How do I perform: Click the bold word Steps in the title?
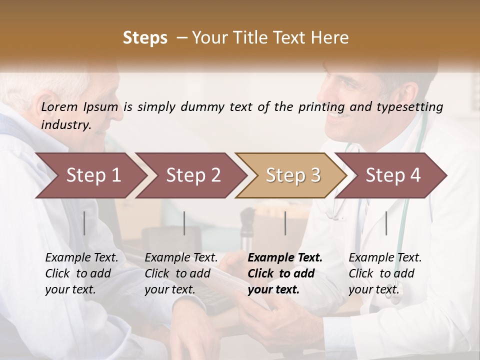pyautogui.click(x=145, y=37)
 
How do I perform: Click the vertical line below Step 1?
pyautogui.click(x=84, y=223)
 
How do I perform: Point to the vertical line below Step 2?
pyautogui.click(x=184, y=223)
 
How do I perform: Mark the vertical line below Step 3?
pyautogui.click(x=285, y=223)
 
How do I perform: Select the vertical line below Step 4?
pyautogui.click(x=386, y=223)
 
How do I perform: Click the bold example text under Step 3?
pyautogui.click(x=285, y=273)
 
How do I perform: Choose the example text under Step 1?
pyautogui.click(x=81, y=273)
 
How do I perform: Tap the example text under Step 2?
pyautogui.click(x=181, y=273)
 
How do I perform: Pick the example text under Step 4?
pyautogui.click(x=385, y=273)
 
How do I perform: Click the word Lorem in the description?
pyautogui.click(x=60, y=106)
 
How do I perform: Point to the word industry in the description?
pyautogui.click(x=66, y=125)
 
